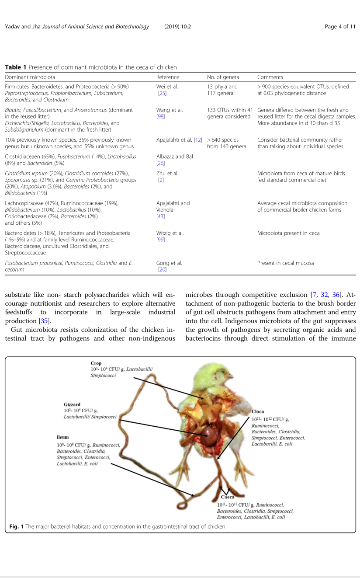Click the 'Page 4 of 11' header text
(x=340, y=27)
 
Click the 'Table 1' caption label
(x=15, y=67)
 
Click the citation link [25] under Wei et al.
(x=162, y=93)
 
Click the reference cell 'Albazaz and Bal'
(x=174, y=157)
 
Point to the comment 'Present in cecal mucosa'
(x=285, y=263)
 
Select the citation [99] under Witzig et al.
(x=160, y=240)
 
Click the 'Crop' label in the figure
(x=96, y=363)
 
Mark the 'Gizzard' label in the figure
(x=72, y=404)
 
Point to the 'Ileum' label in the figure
(x=62, y=437)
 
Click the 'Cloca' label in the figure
(x=258, y=412)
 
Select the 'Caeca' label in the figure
(x=227, y=497)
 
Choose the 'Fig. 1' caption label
(x=16, y=526)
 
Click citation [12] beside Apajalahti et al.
(x=197, y=140)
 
